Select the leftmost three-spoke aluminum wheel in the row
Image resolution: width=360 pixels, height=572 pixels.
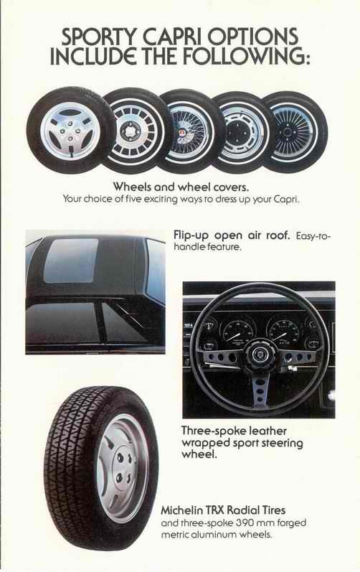70,130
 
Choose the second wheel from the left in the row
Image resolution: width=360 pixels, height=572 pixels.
133,131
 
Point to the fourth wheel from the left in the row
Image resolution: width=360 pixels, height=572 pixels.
242,132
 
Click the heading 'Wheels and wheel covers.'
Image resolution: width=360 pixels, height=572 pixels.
181,187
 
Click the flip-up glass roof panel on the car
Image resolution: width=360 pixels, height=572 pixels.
72,260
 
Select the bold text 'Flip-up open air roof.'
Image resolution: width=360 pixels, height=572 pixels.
232,235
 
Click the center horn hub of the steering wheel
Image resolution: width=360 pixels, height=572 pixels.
259,354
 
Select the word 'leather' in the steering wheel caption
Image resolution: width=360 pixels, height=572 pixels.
267,431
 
